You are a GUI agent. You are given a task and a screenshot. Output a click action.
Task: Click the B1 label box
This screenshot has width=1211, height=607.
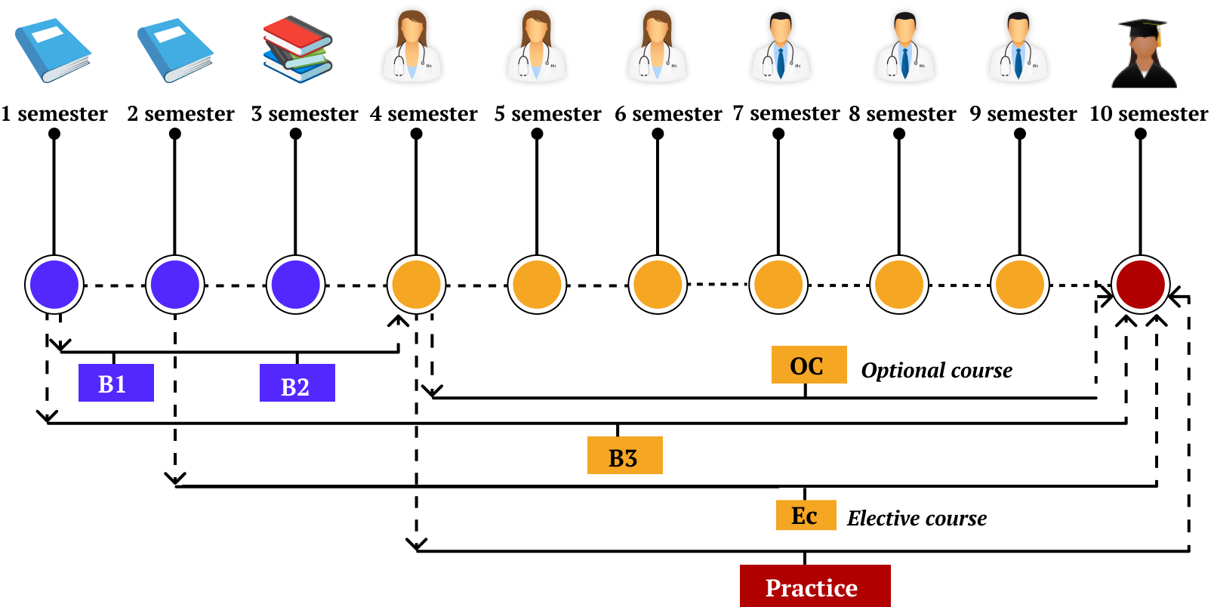tap(116, 383)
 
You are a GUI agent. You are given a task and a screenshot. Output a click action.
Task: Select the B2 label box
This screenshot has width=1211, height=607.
tap(297, 383)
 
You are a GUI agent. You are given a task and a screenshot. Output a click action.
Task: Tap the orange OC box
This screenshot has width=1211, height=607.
tap(809, 365)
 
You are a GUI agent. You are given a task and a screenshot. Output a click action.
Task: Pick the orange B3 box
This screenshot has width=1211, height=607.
tap(624, 455)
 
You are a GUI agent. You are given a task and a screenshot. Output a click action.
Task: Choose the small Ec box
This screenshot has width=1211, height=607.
tap(806, 515)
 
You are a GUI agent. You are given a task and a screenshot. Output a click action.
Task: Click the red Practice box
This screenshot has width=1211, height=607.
tap(815, 586)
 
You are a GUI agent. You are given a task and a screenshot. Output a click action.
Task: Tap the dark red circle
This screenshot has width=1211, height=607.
tap(1140, 285)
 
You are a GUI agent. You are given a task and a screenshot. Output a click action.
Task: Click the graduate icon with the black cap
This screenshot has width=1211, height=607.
tap(1146, 53)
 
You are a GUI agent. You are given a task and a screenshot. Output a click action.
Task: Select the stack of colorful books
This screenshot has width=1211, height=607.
tap(297, 49)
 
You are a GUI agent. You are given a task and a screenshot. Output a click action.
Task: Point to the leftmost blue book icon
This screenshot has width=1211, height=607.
tap(53, 50)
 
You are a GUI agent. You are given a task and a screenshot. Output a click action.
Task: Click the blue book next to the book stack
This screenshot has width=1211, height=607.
tap(175, 50)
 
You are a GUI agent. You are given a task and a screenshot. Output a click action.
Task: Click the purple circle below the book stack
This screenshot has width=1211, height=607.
tap(295, 285)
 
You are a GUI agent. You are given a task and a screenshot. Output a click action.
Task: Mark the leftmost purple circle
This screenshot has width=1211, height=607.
tap(54, 285)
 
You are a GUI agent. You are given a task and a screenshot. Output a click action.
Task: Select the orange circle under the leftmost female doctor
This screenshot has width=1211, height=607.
tap(416, 285)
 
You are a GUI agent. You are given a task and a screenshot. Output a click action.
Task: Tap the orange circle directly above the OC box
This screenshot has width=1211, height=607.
tap(778, 285)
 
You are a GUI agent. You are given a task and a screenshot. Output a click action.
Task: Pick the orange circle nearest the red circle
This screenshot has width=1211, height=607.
tap(1019, 285)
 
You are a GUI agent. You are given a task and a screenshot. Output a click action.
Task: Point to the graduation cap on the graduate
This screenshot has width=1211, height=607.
tap(1142, 27)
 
